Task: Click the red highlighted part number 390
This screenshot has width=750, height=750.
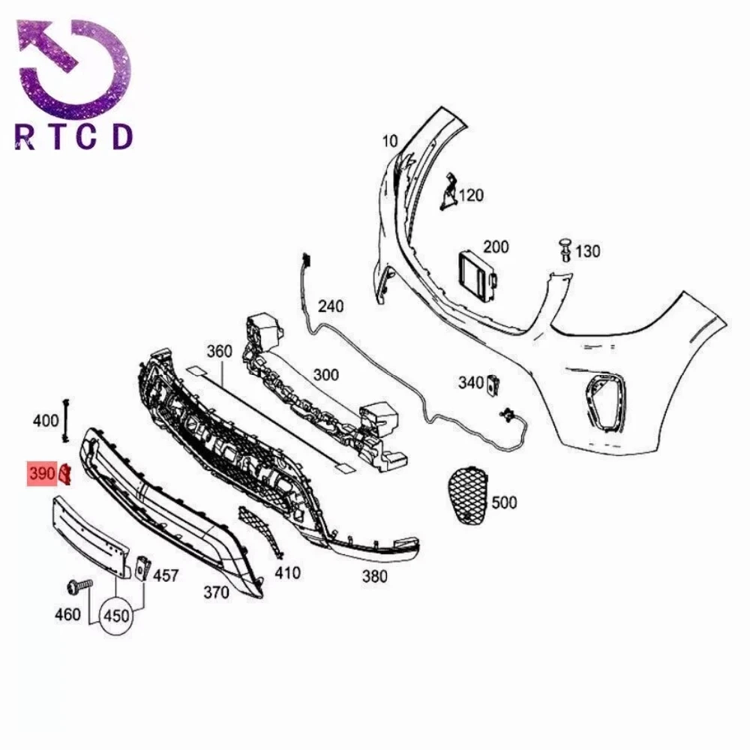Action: pyautogui.click(x=42, y=473)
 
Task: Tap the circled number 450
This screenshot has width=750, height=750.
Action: pyautogui.click(x=116, y=616)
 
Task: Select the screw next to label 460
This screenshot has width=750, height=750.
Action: pyautogui.click(x=79, y=585)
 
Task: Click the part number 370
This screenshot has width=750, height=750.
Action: pyautogui.click(x=216, y=592)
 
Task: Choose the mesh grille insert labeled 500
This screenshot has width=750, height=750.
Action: pyautogui.click(x=468, y=496)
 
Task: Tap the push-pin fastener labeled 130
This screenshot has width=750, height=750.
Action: pyautogui.click(x=565, y=249)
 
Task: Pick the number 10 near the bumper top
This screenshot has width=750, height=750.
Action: pyautogui.click(x=390, y=141)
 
